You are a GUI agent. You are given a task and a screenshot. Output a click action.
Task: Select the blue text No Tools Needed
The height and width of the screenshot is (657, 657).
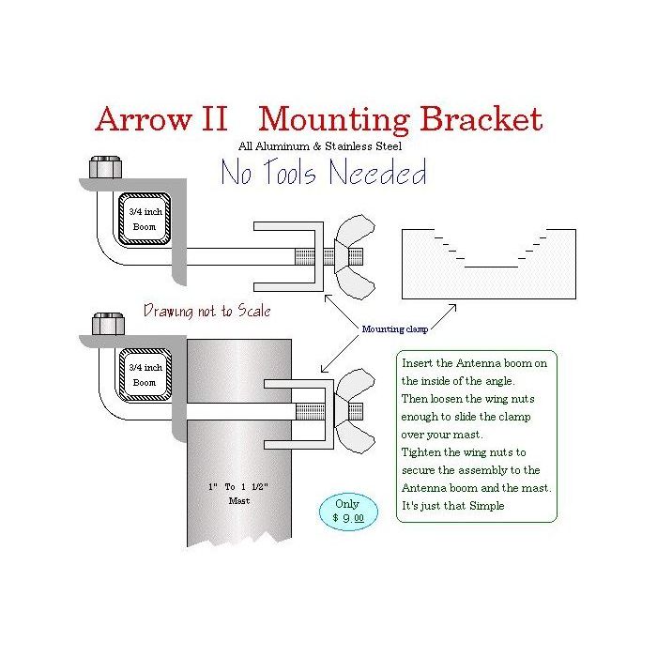click(323, 174)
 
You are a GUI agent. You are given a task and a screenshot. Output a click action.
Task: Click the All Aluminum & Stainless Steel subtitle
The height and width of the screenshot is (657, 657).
click(321, 146)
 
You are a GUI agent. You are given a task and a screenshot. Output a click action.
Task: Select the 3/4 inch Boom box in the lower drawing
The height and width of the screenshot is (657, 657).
click(144, 374)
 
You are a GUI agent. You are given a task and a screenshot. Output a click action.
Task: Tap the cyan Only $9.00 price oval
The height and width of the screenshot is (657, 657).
click(348, 510)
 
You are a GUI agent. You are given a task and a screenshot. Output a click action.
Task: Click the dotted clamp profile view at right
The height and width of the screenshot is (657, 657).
click(488, 265)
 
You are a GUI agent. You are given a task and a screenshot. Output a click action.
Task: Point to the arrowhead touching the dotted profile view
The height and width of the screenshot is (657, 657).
click(452, 306)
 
